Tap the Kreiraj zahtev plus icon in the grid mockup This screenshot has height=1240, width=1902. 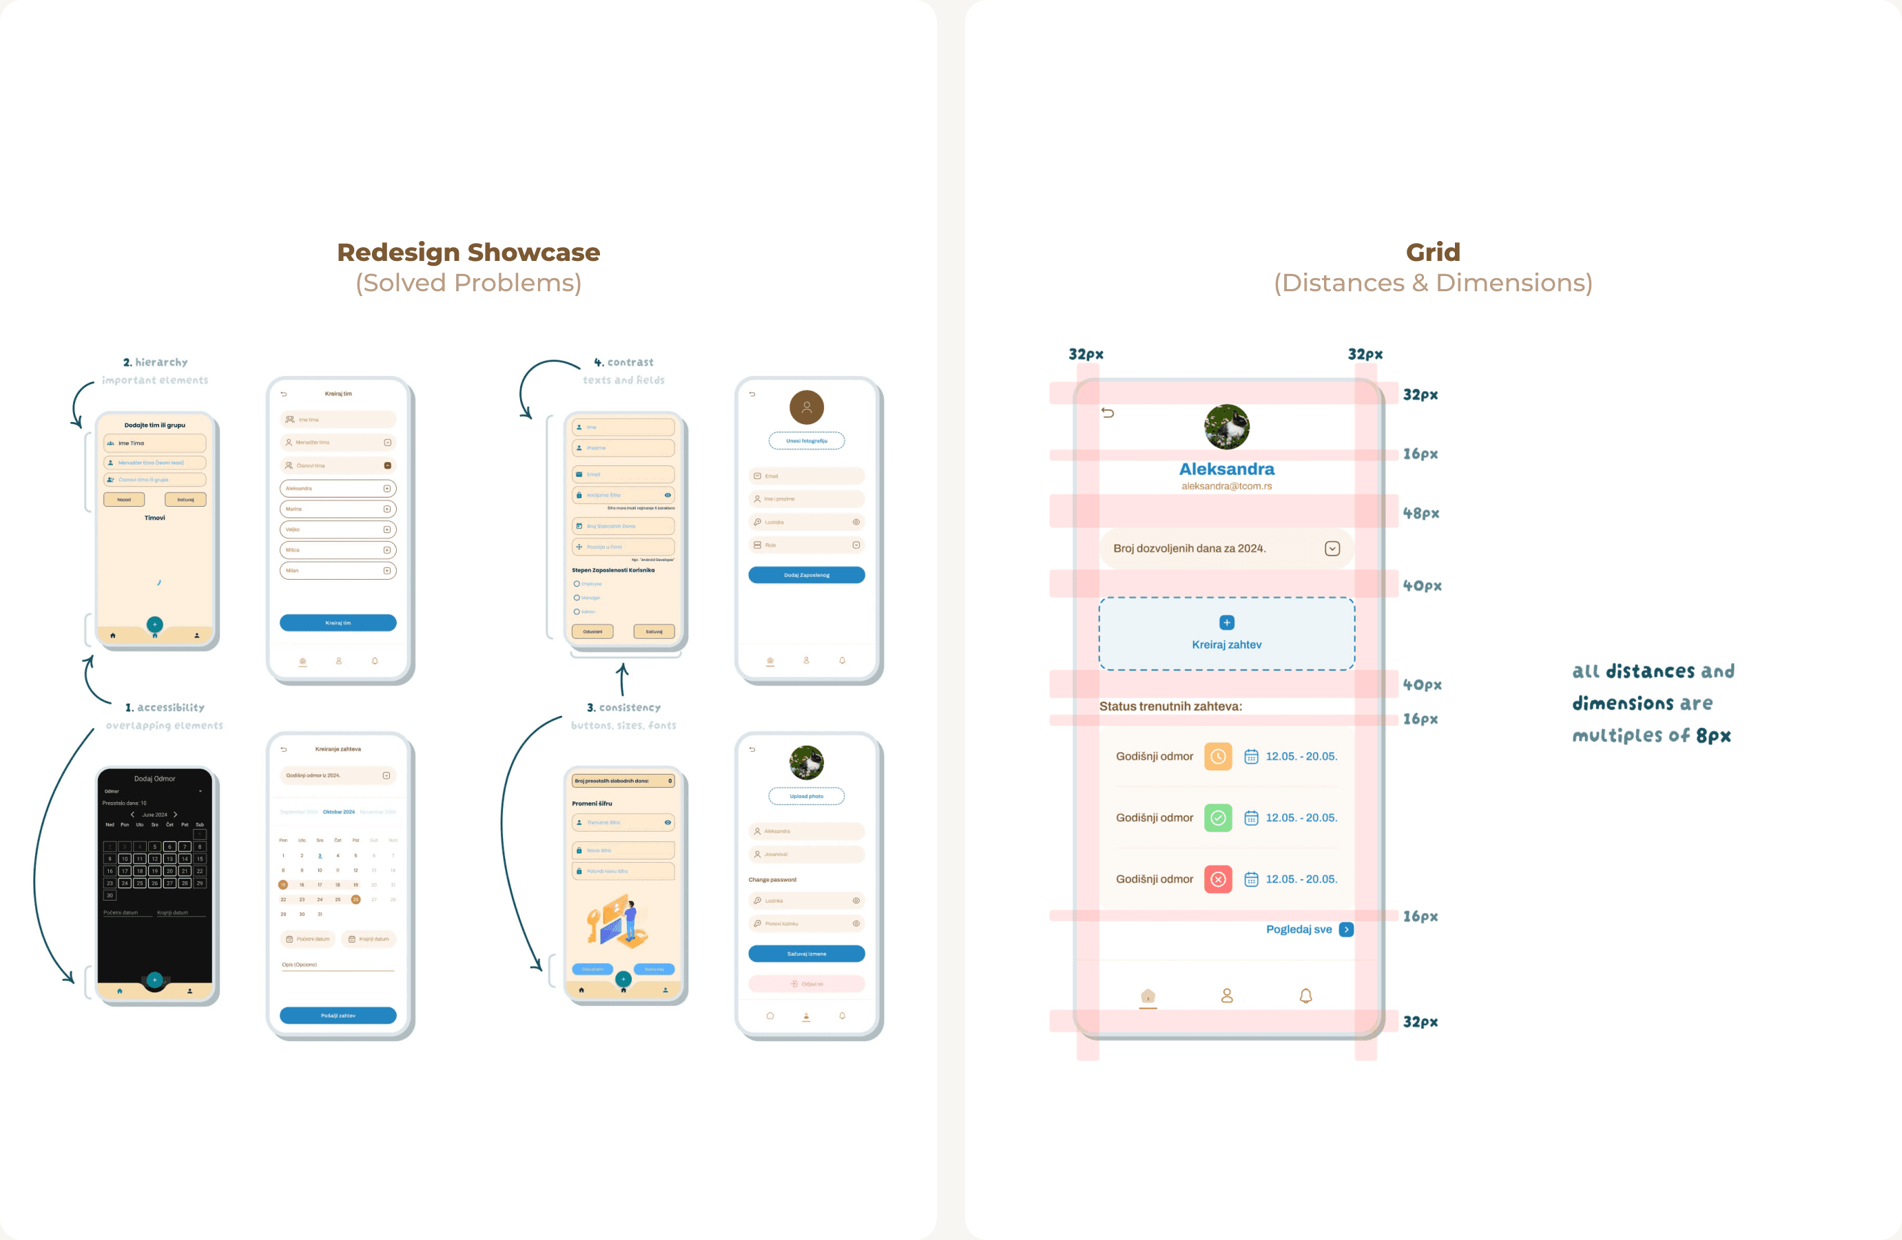tap(1227, 622)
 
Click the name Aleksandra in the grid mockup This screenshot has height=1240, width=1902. tap(1227, 469)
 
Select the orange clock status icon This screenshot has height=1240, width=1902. tap(1218, 756)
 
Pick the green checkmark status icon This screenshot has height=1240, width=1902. tap(1218, 817)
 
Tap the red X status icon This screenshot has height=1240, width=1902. tap(1218, 879)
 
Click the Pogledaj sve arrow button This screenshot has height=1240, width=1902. tap(1347, 929)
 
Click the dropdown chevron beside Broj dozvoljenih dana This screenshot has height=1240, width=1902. tap(1332, 548)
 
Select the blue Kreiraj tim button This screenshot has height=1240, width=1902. tap(338, 622)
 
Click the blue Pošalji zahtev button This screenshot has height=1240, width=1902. tap(338, 1016)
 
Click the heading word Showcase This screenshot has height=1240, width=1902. tap(533, 253)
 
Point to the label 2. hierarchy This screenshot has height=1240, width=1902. tap(155, 362)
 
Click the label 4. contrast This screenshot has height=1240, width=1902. tap(624, 362)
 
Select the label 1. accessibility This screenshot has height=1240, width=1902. tap(165, 707)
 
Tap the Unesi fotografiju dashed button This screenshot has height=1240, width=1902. tap(807, 440)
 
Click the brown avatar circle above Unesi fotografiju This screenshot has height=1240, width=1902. tap(807, 408)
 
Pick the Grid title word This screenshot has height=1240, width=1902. tap(1433, 253)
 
